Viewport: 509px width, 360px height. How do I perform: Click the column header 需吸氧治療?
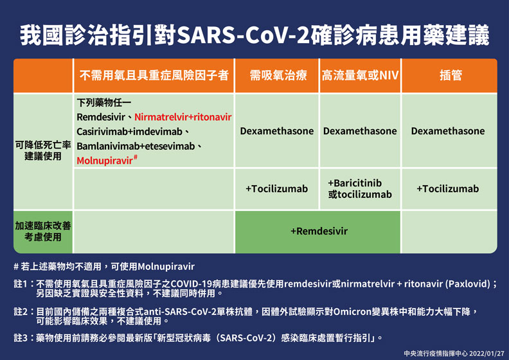click(x=277, y=76)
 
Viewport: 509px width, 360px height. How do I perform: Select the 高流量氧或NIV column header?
click(x=360, y=76)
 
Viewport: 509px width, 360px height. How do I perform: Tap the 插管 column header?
click(x=450, y=76)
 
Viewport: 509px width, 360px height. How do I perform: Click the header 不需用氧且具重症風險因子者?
click(x=154, y=76)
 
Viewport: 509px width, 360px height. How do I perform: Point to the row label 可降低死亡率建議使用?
click(x=43, y=151)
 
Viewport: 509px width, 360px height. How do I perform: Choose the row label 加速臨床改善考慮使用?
click(x=43, y=231)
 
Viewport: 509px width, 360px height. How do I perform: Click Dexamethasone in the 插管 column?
click(x=448, y=131)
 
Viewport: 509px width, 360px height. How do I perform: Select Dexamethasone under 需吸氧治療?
click(x=277, y=131)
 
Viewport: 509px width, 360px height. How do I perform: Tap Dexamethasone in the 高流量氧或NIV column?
click(x=360, y=131)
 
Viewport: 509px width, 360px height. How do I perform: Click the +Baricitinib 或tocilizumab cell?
click(x=360, y=188)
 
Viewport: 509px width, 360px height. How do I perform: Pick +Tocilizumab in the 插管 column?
click(x=448, y=189)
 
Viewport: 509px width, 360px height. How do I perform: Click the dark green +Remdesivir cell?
click(x=319, y=231)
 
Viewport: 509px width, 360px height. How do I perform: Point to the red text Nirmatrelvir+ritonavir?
click(x=183, y=118)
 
